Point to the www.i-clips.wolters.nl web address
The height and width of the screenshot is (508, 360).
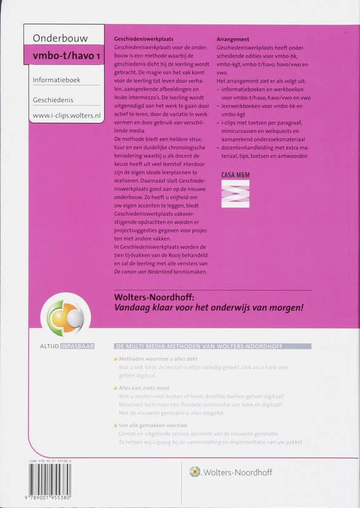tap(67, 117)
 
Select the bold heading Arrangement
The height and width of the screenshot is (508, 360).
tap(232, 38)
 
